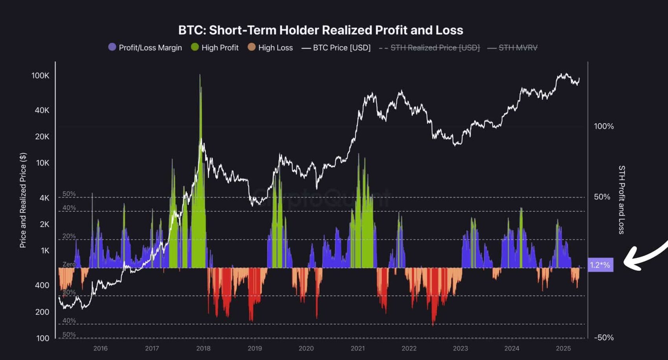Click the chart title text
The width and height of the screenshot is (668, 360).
click(x=320, y=30)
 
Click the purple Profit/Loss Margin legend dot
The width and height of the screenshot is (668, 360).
click(x=112, y=47)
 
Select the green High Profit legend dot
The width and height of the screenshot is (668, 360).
click(x=195, y=47)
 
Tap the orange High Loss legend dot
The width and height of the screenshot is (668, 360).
click(x=252, y=47)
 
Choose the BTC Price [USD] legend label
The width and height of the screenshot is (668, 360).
click(x=341, y=48)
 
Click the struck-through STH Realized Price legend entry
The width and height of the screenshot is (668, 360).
click(x=435, y=48)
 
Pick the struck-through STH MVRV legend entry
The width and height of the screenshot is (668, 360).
click(x=517, y=48)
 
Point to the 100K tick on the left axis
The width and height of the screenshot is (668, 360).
click(x=40, y=76)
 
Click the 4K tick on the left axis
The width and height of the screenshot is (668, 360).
click(x=44, y=198)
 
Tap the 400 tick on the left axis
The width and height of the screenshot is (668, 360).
click(x=42, y=285)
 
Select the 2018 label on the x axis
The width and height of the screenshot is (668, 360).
click(x=203, y=348)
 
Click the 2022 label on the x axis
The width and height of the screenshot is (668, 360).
click(x=409, y=348)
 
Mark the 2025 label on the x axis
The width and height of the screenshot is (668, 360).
click(x=563, y=348)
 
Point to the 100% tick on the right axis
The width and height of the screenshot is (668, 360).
click(x=604, y=126)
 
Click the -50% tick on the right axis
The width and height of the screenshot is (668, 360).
click(x=604, y=338)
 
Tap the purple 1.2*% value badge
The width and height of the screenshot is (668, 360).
click(x=600, y=265)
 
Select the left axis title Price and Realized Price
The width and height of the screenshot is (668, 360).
click(x=23, y=200)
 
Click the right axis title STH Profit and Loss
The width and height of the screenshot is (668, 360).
click(x=622, y=199)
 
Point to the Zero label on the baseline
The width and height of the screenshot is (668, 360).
click(x=69, y=264)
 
